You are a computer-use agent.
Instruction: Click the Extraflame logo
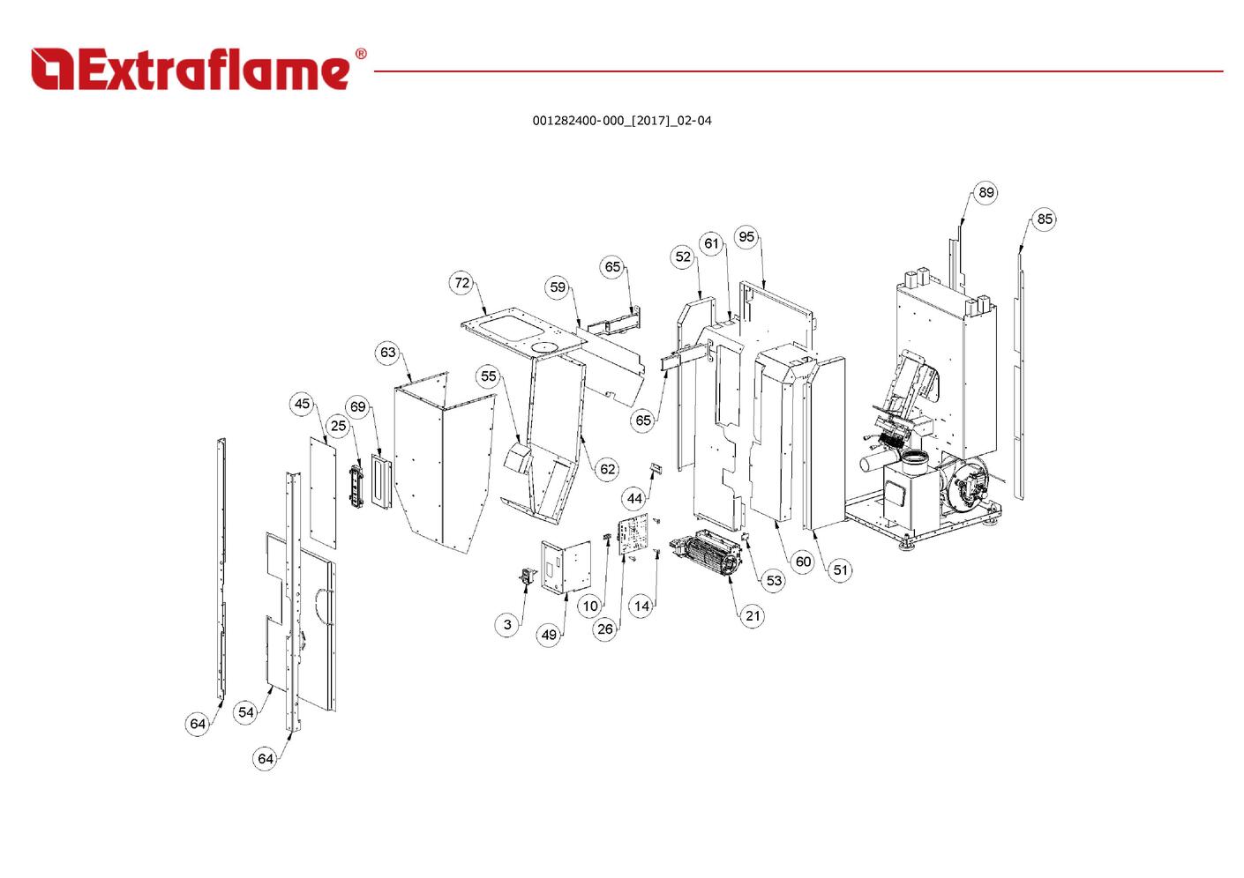coord(191,70)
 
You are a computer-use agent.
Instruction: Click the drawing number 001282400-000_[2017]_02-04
coord(621,121)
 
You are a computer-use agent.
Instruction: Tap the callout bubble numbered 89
coord(985,192)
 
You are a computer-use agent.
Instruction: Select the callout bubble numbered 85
coord(1044,219)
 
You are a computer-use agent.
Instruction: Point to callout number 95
coord(746,236)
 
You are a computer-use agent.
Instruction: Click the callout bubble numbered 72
coord(462,283)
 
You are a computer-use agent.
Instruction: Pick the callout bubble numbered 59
coord(558,286)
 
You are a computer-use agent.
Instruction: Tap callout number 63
coord(388,353)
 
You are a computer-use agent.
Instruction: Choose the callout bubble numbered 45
coord(303,404)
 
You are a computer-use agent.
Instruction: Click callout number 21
coord(753,615)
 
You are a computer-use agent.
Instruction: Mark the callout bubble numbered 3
coord(507,624)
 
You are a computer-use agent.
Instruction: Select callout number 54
coord(246,712)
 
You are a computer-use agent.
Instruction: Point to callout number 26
coord(605,629)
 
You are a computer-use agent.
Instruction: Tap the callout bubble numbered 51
coord(841,570)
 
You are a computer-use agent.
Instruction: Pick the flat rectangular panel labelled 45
coord(324,490)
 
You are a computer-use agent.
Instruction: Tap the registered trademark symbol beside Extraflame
coord(360,55)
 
